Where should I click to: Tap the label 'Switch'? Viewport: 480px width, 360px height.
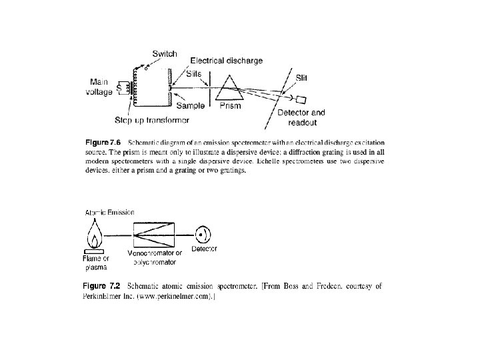[164, 53]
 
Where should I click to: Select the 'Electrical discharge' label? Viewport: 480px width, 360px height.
[227, 60]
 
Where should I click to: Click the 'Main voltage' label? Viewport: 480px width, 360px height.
[100, 87]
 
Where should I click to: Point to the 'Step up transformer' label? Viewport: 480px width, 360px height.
[152, 120]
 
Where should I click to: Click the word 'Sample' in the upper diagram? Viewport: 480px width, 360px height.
[191, 105]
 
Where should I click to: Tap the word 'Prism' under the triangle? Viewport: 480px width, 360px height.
[230, 105]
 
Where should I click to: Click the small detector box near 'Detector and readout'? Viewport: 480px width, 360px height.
[301, 100]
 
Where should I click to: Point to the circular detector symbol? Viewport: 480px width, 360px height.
[203, 234]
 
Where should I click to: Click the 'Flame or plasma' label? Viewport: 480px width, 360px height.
[95, 262]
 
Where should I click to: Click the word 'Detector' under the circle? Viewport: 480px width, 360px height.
[204, 250]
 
